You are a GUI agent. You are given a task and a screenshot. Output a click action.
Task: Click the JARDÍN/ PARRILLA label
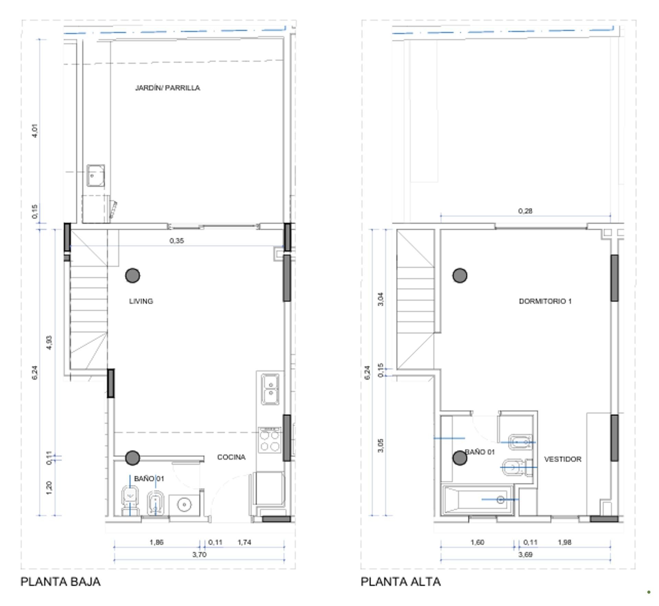click(167, 88)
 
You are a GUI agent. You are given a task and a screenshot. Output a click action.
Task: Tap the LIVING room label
click(141, 301)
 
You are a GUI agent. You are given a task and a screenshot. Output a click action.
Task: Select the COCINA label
click(231, 457)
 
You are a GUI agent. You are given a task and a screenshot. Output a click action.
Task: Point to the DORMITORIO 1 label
click(545, 301)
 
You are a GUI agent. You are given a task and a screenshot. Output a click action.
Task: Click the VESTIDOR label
click(563, 459)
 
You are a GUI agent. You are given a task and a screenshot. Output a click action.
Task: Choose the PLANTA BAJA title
click(61, 582)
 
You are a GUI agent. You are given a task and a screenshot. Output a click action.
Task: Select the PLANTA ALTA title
click(401, 582)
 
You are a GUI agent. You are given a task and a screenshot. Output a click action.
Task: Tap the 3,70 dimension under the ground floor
click(199, 555)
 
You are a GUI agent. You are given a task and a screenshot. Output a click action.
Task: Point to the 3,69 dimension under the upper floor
click(525, 555)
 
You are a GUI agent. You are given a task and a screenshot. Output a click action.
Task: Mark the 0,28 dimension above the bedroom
click(525, 211)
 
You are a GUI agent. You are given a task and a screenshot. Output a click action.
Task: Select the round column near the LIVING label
click(132, 275)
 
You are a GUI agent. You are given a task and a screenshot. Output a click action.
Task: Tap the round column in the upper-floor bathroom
click(460, 458)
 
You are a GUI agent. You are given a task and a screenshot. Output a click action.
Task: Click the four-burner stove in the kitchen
click(270, 440)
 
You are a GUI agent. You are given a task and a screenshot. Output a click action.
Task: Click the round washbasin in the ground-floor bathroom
click(184, 504)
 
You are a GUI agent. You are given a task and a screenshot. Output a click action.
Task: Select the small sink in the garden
click(95, 176)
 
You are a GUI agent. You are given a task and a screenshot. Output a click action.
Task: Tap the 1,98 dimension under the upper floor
click(564, 542)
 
